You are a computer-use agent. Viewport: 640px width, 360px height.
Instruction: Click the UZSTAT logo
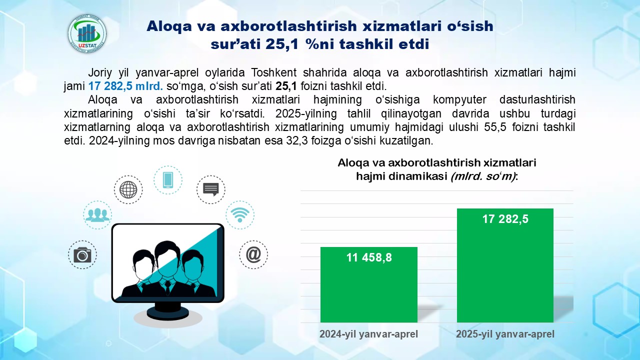coord(87,33)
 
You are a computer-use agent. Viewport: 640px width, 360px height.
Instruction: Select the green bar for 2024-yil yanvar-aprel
coord(369,285)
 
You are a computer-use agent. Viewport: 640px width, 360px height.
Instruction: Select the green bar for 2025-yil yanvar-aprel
coord(505,265)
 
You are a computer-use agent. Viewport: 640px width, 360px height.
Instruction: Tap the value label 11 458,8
coord(369,257)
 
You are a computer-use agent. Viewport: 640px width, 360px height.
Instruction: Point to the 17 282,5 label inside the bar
coord(505,219)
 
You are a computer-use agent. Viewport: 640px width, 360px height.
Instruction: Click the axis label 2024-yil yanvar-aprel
coord(368,334)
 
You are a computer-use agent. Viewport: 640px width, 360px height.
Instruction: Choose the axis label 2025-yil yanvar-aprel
coord(505,334)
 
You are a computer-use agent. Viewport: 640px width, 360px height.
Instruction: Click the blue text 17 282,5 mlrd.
coord(125,86)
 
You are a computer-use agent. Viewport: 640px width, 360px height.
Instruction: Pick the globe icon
coord(128,189)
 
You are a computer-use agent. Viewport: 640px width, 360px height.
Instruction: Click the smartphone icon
coord(168,180)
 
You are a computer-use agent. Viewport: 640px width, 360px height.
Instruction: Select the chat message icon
coord(211,189)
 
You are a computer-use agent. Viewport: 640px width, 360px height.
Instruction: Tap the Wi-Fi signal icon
coord(240,215)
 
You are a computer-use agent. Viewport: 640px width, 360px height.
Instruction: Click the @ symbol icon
coord(253,254)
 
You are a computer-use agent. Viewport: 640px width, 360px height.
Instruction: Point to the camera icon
coord(82,255)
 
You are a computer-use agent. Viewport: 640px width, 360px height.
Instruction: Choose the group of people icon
coord(97,215)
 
